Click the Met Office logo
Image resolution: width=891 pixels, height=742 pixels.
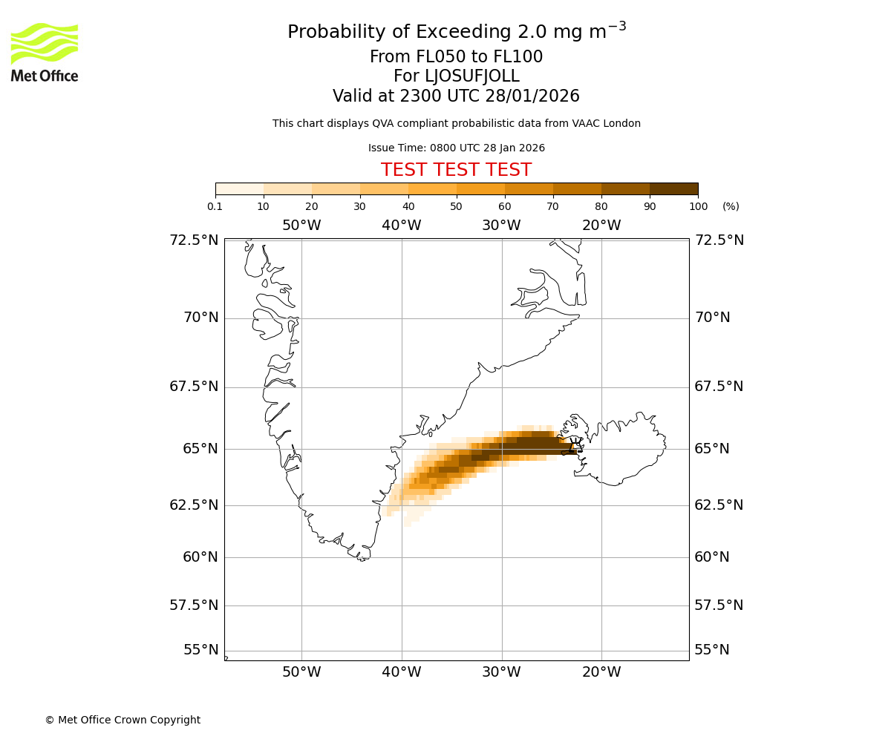pyautogui.click(x=45, y=52)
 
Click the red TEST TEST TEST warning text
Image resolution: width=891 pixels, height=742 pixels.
pyautogui.click(x=456, y=170)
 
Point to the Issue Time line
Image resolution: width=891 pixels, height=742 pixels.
pyautogui.click(x=456, y=148)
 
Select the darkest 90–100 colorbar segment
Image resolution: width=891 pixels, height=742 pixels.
pyautogui.click(x=673, y=189)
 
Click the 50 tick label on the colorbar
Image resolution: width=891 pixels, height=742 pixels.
pyautogui.click(x=456, y=206)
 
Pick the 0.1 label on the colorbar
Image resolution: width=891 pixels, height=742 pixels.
pyautogui.click(x=215, y=206)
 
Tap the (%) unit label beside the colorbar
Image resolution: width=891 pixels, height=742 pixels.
pyautogui.click(x=731, y=206)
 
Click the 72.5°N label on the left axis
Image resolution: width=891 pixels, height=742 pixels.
pyautogui.click(x=194, y=240)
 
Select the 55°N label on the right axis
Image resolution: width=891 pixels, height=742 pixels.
pyautogui.click(x=712, y=650)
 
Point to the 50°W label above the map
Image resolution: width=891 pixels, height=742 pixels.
pyautogui.click(x=301, y=226)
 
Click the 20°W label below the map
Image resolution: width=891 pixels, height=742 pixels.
pyautogui.click(x=601, y=672)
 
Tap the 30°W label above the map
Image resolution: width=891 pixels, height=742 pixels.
pyautogui.click(x=501, y=226)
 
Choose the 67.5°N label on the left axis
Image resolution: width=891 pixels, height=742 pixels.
pyautogui.click(x=194, y=387)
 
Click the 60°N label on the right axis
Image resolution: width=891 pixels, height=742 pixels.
pyautogui.click(x=712, y=557)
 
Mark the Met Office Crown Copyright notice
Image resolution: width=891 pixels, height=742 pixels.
pyautogui.click(x=123, y=720)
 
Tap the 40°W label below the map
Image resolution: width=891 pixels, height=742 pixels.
pyautogui.click(x=402, y=672)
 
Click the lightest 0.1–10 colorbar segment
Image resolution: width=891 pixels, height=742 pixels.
pyautogui.click(x=240, y=189)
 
